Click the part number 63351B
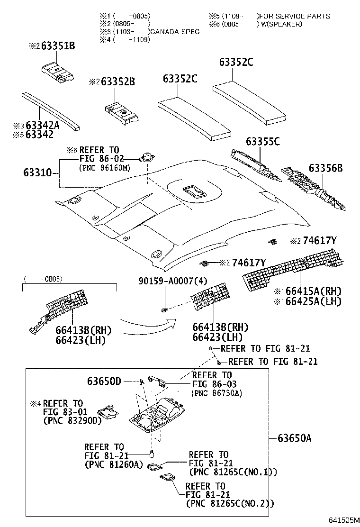pyautogui.click(x=58, y=45)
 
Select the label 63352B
pyautogui.click(x=118, y=82)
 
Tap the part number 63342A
pyautogui.click(x=42, y=125)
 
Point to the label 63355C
pyautogui.click(x=262, y=141)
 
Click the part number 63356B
pyautogui.click(x=326, y=168)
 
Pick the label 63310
pyautogui.click(x=37, y=173)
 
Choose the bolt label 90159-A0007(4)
pyautogui.click(x=173, y=281)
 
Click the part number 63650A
pyautogui.click(x=295, y=438)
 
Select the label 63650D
pyautogui.click(x=104, y=381)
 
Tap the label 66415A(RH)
pyautogui.click(x=313, y=291)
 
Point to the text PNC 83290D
pyautogui.click(x=73, y=420)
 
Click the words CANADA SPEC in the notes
pyautogui.click(x=175, y=32)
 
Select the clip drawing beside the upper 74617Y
pyautogui.click(x=274, y=241)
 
